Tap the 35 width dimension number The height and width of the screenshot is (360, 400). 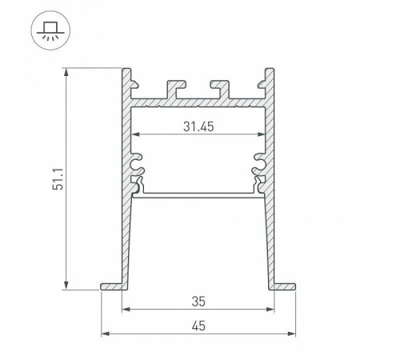(x=198, y=302)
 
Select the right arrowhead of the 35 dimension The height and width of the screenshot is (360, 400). (x=273, y=310)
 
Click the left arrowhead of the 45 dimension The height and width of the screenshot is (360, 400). (x=105, y=334)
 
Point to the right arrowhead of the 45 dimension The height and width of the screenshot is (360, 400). (x=293, y=334)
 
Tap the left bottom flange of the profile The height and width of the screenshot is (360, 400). (x=113, y=286)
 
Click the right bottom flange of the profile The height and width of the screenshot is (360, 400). (x=285, y=286)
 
